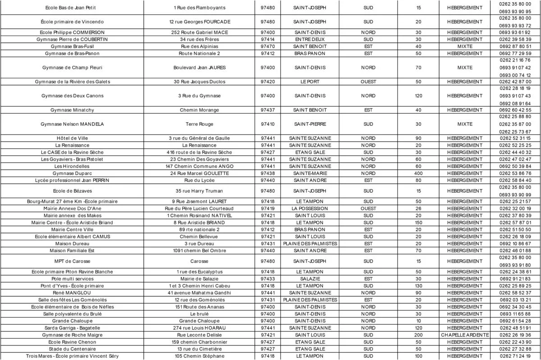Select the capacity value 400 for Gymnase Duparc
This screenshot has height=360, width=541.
tap(418, 173)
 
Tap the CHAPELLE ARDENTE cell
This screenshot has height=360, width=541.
tap(465, 335)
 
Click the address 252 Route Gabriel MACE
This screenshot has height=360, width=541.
tap(200, 32)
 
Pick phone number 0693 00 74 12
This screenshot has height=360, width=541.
tap(515, 75)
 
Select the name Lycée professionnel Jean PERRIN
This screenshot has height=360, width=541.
tap(72, 180)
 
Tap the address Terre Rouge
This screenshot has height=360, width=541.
tap(200, 124)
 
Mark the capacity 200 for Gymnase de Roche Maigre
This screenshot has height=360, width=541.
tap(418, 335)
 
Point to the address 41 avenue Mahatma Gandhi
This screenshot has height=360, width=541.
tap(200, 293)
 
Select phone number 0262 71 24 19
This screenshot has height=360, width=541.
tap(515, 356)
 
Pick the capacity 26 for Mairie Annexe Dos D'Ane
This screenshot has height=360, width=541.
tap(418, 208)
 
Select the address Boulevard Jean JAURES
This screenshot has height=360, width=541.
tap(200, 68)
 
